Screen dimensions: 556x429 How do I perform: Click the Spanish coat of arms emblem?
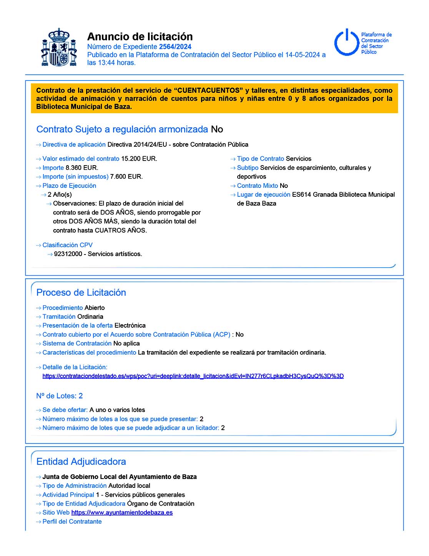59,47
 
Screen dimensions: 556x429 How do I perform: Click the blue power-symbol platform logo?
346,42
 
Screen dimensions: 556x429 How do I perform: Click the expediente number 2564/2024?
175,47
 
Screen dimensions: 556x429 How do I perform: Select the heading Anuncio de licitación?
140,37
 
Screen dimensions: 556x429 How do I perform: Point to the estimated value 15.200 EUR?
139,159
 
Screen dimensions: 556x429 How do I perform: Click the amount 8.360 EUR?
82,168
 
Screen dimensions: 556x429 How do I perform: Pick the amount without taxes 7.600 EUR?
126,177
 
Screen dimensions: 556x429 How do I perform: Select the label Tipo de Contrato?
260,159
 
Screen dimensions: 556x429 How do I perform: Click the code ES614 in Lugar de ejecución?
301,195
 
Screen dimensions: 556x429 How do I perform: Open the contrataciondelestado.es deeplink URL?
193,376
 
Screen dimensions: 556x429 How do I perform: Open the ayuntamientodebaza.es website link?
122,513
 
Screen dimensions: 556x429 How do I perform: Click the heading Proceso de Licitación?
81,293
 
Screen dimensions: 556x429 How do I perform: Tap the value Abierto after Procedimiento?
95,308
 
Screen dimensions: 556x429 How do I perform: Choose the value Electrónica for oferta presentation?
130,326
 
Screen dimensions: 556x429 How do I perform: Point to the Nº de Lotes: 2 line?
60,396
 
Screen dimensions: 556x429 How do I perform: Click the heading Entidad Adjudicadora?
81,462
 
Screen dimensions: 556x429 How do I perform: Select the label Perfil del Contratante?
72,522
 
